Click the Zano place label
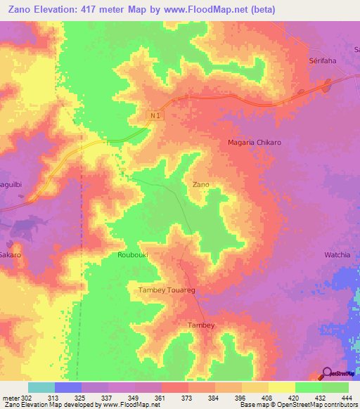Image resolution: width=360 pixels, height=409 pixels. (x=200, y=184)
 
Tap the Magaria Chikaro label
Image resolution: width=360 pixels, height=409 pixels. (x=255, y=142)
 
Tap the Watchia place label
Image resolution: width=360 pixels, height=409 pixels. (x=337, y=254)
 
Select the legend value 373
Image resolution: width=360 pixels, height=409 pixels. (x=185, y=398)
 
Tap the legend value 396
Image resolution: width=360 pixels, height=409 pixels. (x=239, y=398)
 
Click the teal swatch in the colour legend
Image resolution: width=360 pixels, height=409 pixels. (x=41, y=387)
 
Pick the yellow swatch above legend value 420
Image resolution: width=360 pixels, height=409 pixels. (x=281, y=387)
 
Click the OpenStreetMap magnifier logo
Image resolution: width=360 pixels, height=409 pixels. (x=326, y=372)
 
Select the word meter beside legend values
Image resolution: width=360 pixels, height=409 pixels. (x=8, y=398)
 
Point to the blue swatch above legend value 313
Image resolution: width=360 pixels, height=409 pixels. (x=67, y=387)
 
